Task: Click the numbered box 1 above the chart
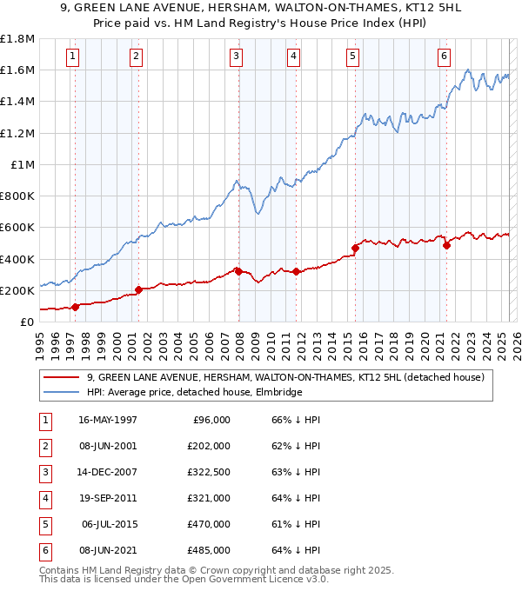72,56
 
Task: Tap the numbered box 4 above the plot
294,56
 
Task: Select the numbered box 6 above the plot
444,56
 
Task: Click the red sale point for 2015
355,248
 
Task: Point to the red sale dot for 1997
76,307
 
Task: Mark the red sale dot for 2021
446,245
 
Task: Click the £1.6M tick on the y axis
17,70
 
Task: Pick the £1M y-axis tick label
23,164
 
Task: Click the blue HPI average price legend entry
194,393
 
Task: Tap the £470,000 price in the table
210,524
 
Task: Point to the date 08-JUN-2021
108,550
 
